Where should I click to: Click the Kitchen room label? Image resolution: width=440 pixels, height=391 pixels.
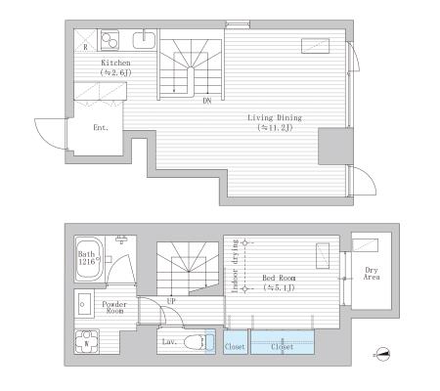[x=115, y=63]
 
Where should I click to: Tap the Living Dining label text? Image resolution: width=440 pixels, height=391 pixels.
[x=275, y=117]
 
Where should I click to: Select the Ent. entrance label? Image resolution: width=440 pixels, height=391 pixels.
[x=101, y=128]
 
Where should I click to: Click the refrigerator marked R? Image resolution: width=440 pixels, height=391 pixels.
[x=86, y=40]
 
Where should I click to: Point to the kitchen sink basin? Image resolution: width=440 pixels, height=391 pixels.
[x=144, y=40]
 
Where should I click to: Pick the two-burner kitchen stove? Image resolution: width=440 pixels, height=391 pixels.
[x=110, y=40]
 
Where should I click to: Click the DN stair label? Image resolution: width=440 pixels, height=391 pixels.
[x=207, y=101]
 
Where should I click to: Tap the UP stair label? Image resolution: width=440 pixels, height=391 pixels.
[x=171, y=301]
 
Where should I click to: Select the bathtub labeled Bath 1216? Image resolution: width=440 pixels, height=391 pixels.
[x=89, y=259]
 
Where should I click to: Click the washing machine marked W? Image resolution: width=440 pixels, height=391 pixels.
[x=87, y=342]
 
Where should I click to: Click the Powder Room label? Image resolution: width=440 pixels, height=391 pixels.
[x=114, y=307]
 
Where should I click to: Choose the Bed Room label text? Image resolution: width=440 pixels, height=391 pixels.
[x=279, y=279]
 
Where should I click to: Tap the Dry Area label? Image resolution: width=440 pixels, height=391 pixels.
[x=372, y=274]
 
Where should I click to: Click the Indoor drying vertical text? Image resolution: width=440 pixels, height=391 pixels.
[x=235, y=266]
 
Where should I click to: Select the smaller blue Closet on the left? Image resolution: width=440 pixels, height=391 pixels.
[x=235, y=342]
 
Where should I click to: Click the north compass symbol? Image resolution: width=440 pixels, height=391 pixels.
[x=382, y=354]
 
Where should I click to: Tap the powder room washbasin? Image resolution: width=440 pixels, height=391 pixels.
[x=84, y=304]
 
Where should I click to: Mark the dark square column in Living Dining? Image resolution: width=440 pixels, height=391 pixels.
[x=335, y=146]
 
